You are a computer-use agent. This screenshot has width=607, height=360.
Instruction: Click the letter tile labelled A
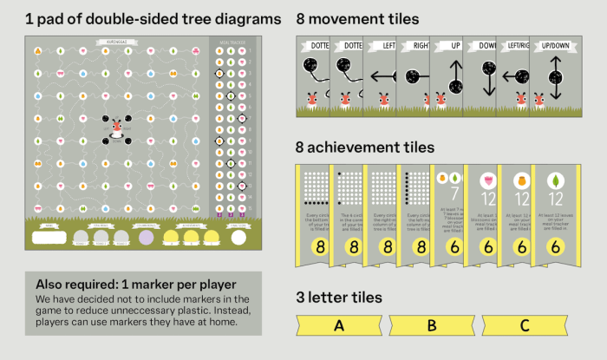[x=338, y=326]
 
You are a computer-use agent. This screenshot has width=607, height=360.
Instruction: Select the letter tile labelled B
[x=432, y=326]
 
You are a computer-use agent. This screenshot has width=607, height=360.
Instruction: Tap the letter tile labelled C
[x=524, y=326]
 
